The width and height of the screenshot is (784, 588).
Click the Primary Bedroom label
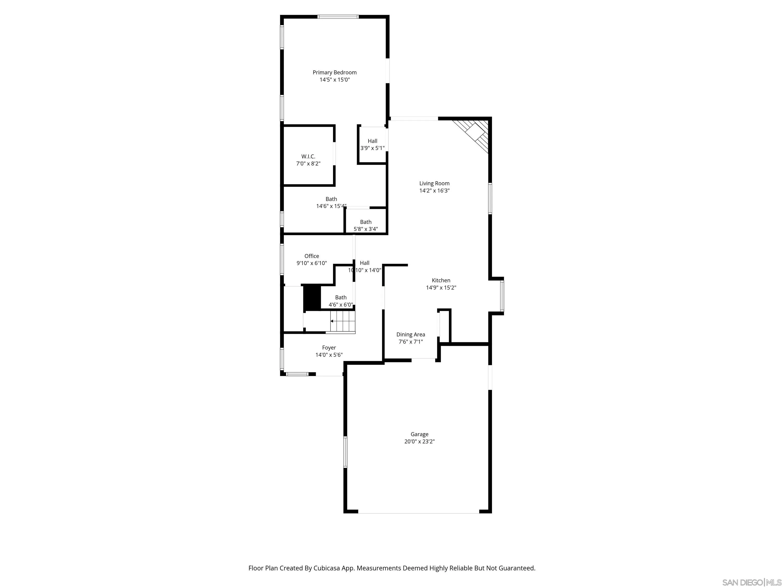[334, 72]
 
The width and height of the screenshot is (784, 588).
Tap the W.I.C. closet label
[308, 156]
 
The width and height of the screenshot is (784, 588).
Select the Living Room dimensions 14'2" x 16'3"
[434, 191]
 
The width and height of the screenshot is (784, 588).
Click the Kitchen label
[441, 280]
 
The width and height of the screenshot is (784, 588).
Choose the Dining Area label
[410, 335]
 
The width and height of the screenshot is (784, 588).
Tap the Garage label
[419, 434]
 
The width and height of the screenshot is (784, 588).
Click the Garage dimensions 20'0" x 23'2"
[419, 442]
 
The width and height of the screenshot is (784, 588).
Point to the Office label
[312, 256]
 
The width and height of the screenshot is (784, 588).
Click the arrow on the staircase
[332, 321]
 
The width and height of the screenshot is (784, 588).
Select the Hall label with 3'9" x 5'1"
[372, 141]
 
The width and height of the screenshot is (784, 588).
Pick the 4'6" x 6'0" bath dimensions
[341, 305]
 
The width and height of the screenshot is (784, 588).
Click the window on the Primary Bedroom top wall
[338, 17]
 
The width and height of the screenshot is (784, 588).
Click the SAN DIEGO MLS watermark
[751, 582]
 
